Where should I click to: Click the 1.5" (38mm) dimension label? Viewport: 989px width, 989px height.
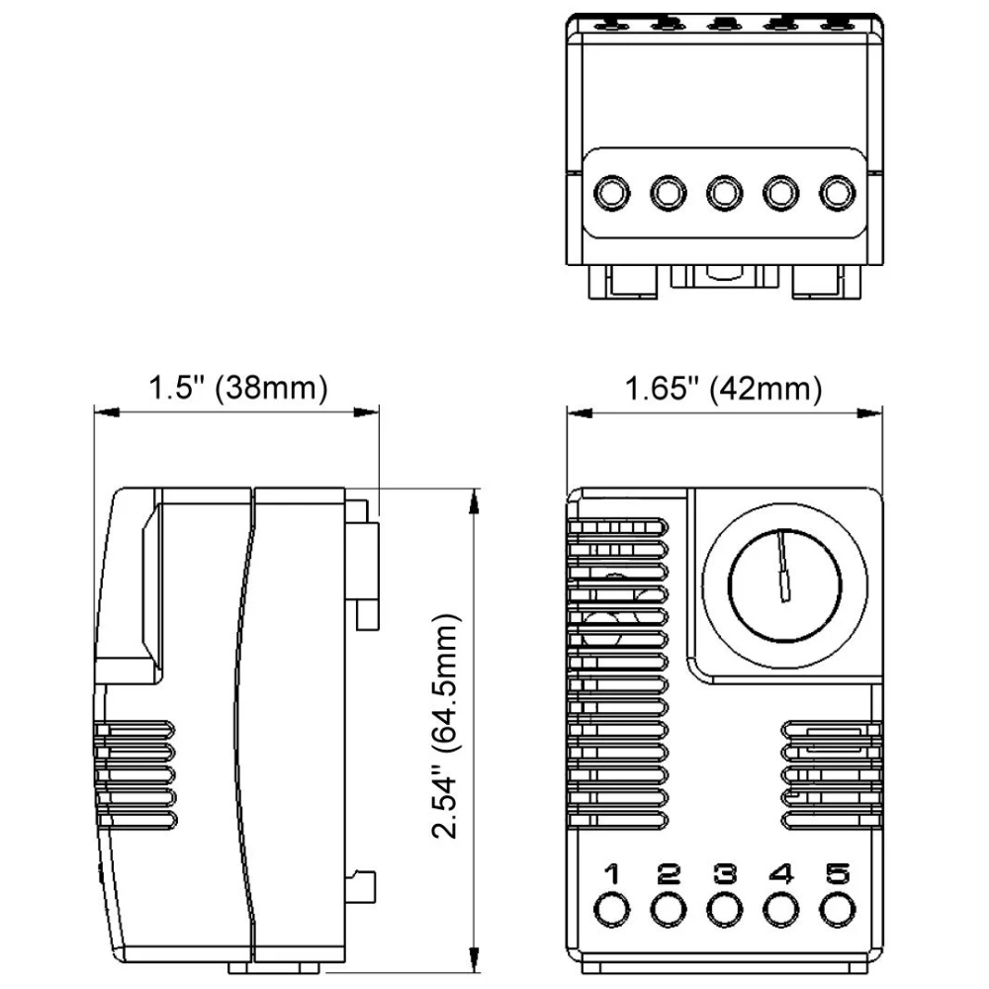(x=237, y=388)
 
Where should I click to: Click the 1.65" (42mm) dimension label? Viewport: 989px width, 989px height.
(x=724, y=388)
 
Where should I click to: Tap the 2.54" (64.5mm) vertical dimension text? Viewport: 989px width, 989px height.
(x=446, y=725)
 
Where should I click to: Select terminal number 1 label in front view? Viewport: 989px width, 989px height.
(x=611, y=874)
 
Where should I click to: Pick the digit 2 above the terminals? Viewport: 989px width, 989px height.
(x=669, y=874)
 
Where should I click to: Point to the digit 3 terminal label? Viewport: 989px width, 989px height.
(x=725, y=874)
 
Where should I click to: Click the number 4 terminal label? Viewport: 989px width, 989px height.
(x=781, y=874)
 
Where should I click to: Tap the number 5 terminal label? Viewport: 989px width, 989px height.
(x=839, y=874)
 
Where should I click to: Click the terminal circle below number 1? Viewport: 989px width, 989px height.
(x=611, y=910)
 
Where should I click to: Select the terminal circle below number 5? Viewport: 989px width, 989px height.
(x=838, y=910)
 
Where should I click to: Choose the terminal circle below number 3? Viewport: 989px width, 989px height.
(x=725, y=910)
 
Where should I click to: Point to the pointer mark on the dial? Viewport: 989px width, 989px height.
(x=784, y=565)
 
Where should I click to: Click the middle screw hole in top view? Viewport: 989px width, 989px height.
(x=725, y=193)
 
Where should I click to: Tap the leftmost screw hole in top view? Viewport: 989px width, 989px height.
(x=611, y=193)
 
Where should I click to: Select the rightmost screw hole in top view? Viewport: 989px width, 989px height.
(x=838, y=193)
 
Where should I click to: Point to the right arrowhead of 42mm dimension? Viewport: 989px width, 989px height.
(x=869, y=413)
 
